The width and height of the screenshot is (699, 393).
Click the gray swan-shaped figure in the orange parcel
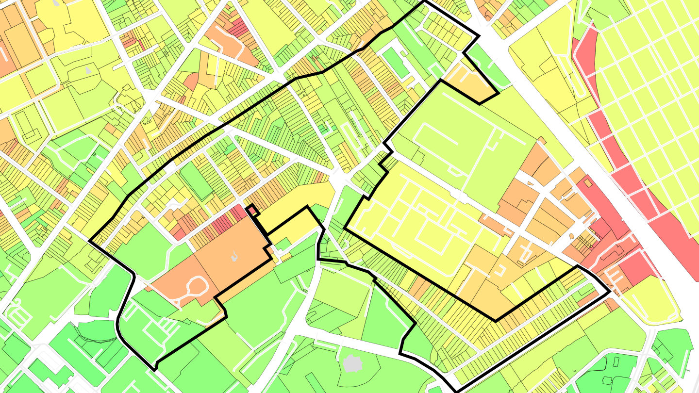coord(235,256)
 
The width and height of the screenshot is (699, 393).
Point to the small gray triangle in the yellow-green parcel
coord(88,71)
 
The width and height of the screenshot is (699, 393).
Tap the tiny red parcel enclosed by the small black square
coord(252,210)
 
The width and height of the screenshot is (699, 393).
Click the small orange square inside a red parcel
coord(588,183)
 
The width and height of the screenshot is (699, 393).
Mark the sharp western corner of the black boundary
coord(90,240)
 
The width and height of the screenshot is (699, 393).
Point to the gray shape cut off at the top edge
coord(57,2)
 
